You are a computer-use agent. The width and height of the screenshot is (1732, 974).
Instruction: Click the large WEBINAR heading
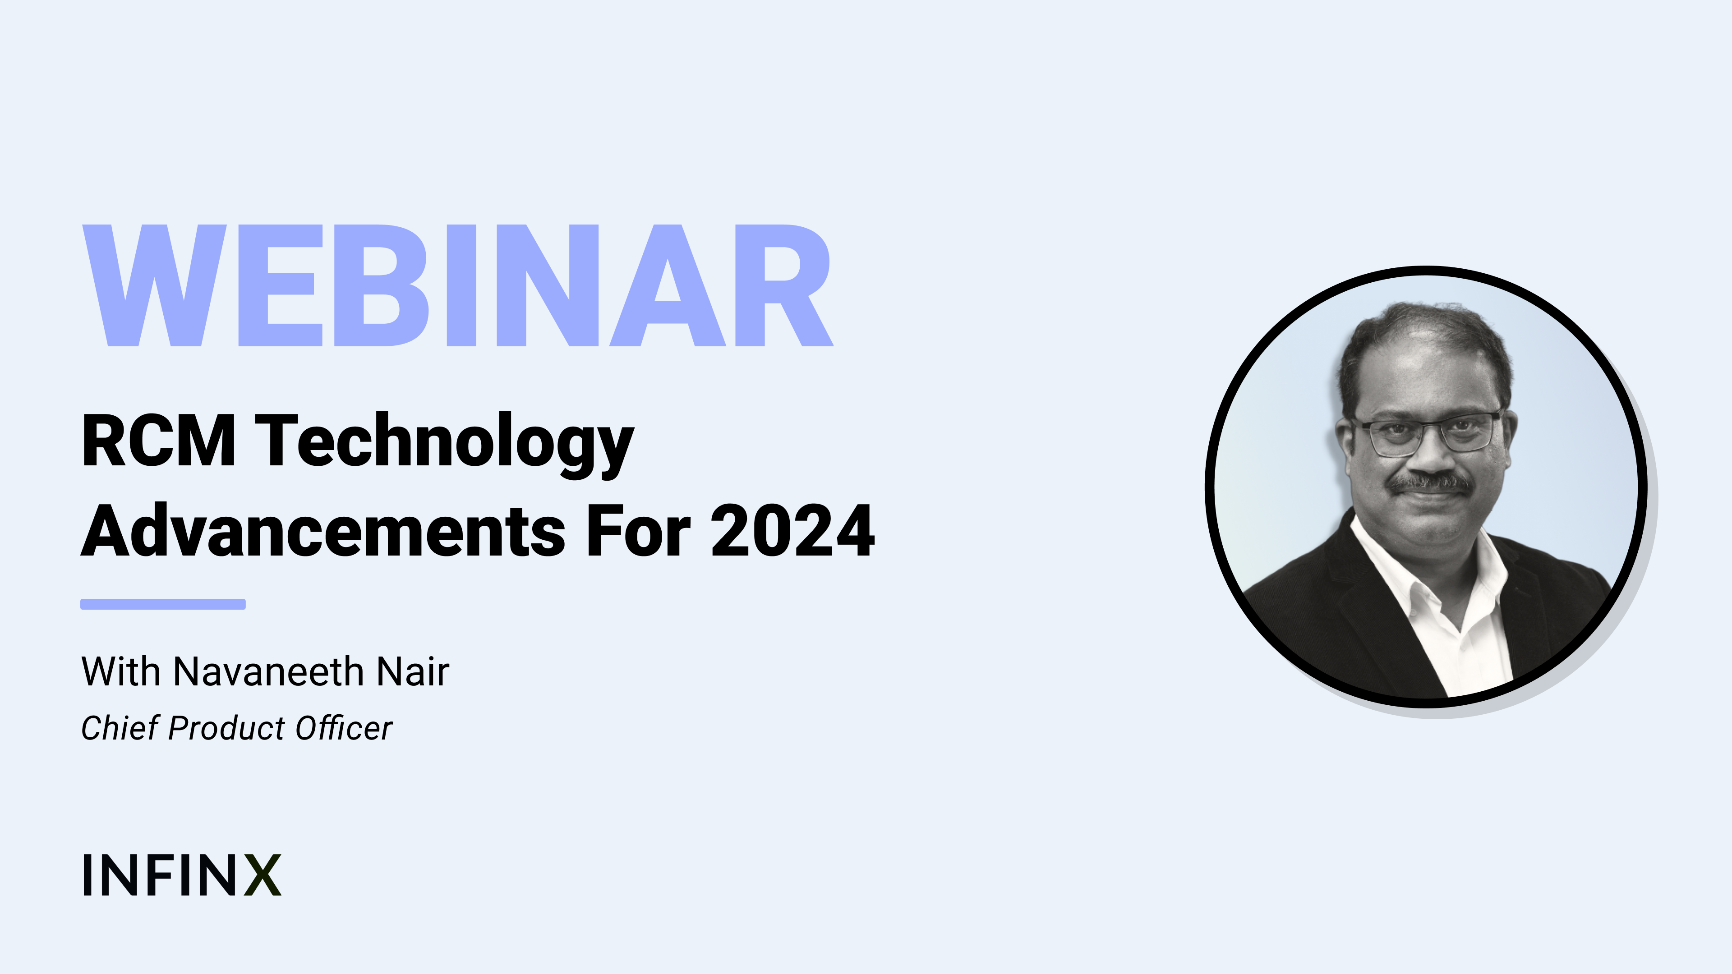(457, 286)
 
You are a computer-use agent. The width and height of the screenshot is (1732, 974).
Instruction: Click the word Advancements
(323, 531)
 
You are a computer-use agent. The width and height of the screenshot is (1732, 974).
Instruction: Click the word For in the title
(639, 531)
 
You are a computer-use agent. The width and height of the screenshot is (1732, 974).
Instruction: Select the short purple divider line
(163, 604)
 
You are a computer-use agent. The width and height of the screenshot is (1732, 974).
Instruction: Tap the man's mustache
(1431, 482)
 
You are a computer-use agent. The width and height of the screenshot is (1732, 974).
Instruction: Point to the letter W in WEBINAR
(155, 286)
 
